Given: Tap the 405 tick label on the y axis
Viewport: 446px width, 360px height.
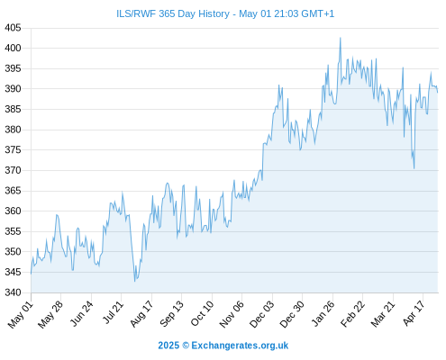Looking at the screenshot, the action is (x=13, y=28).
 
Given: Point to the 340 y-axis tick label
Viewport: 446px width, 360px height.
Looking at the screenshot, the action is (x=13, y=292).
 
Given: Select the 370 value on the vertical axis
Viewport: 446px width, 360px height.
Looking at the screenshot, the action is (x=13, y=170).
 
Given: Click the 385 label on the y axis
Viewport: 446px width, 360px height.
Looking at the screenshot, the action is (x=13, y=109).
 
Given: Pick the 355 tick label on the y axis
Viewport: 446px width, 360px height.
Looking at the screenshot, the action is (x=13, y=231).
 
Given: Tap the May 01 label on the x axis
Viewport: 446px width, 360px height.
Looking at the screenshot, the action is (x=20, y=314).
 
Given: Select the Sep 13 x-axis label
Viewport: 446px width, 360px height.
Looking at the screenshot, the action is (x=172, y=313).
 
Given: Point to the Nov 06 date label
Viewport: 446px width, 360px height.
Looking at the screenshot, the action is (x=232, y=314).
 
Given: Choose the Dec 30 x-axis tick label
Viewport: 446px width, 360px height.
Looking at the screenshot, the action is (x=292, y=314).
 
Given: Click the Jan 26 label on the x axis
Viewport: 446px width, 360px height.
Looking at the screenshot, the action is (x=323, y=313).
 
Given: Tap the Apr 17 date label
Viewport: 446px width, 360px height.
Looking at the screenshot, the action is (x=414, y=313).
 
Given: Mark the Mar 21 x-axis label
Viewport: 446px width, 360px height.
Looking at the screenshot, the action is (x=383, y=313).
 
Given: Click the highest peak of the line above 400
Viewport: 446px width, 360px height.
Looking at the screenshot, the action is (x=341, y=38).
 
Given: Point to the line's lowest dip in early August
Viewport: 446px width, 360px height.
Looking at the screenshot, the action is (x=135, y=281).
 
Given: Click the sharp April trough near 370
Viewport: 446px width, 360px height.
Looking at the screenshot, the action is (x=414, y=168).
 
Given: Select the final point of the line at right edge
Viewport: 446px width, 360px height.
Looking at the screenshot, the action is (x=438, y=92).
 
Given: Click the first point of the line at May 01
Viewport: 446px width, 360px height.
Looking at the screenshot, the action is (x=31, y=274).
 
